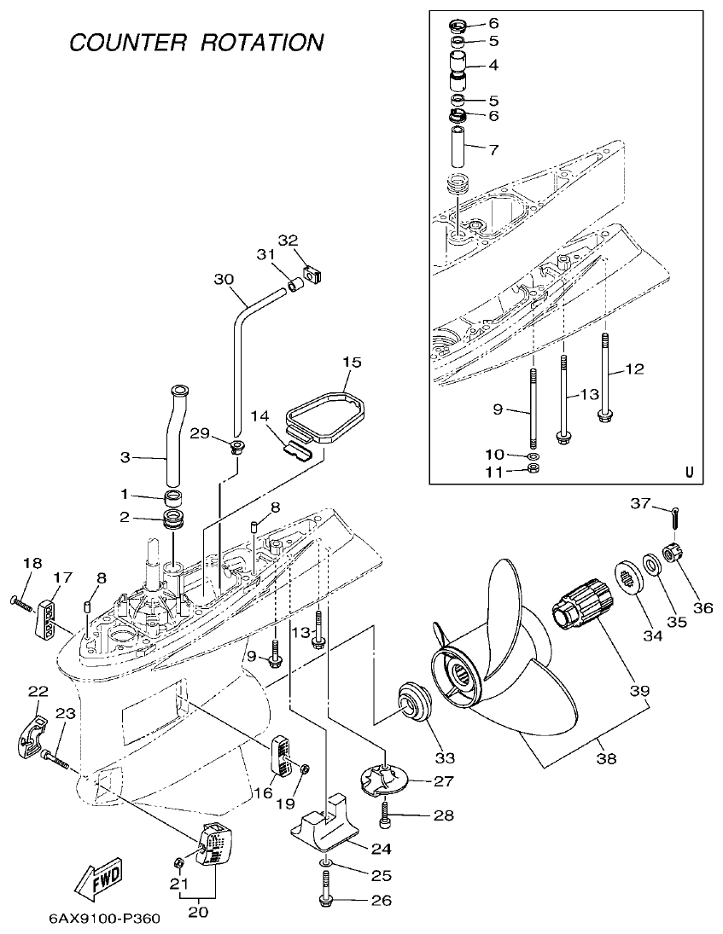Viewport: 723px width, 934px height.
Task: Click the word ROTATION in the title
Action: (262, 42)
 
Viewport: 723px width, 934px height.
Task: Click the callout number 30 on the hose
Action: (223, 280)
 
